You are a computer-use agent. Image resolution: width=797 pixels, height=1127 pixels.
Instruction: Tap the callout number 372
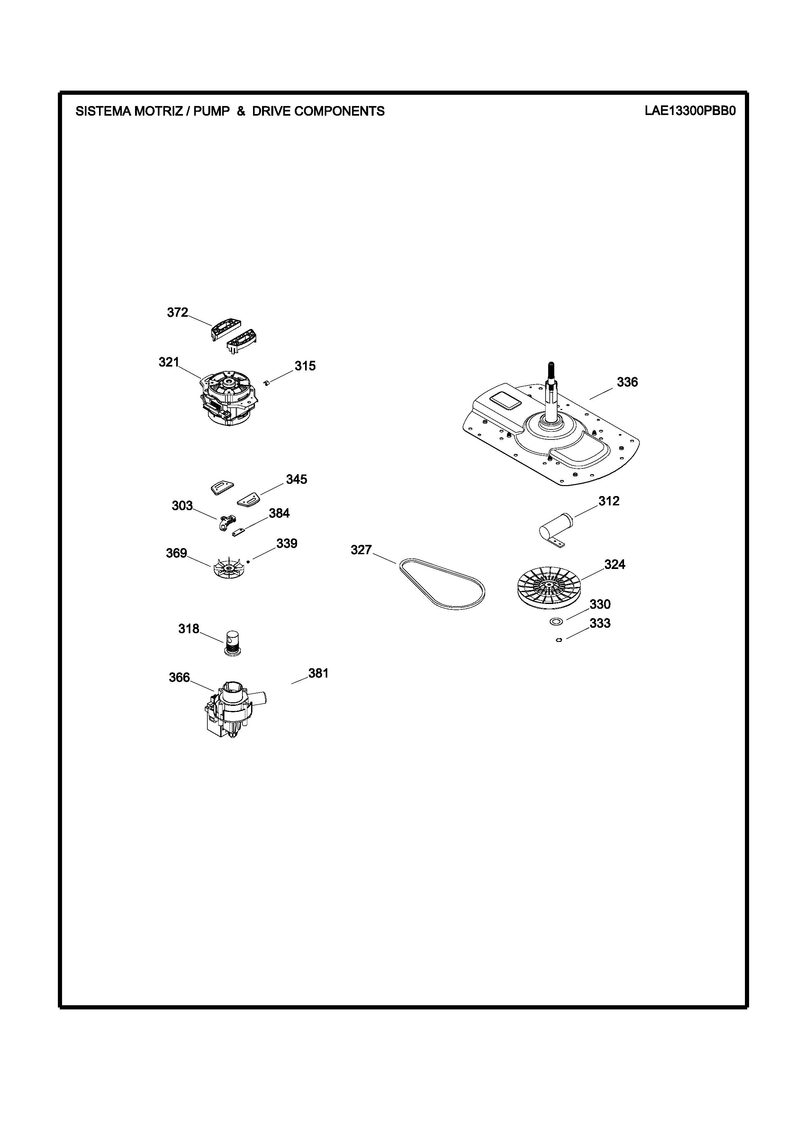(x=177, y=313)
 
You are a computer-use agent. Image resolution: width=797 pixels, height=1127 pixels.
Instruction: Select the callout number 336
(x=627, y=382)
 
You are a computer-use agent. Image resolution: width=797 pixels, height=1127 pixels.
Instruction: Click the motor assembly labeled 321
(x=228, y=398)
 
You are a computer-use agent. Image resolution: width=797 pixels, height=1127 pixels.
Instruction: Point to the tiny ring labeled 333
(x=559, y=640)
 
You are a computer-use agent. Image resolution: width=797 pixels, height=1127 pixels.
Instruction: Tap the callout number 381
(x=318, y=673)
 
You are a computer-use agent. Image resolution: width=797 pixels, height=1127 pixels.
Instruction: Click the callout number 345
(x=297, y=480)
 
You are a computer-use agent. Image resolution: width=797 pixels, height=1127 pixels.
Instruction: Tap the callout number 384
(x=279, y=513)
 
